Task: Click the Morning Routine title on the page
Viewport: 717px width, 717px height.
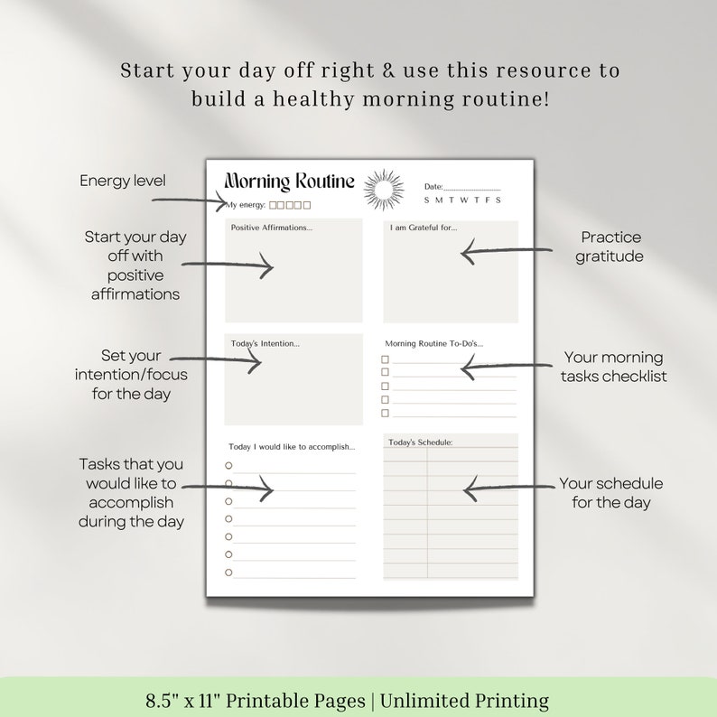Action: [289, 182]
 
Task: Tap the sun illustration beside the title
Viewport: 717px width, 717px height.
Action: [384, 190]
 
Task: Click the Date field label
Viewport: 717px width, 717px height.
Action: [433, 187]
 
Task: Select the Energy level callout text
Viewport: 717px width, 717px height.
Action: [123, 181]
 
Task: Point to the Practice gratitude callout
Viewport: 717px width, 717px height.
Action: [611, 247]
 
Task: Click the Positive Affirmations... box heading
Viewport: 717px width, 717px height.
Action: [272, 228]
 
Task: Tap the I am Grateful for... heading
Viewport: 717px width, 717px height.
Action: [424, 228]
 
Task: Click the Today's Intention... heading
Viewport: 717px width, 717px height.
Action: [265, 343]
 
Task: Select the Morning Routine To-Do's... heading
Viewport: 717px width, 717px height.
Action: [433, 343]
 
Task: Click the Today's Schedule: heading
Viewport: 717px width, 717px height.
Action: [421, 442]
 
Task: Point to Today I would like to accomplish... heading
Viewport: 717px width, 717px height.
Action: [292, 446]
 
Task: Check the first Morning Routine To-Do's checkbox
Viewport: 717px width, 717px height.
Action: [385, 358]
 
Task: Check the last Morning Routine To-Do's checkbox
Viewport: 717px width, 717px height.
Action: [385, 413]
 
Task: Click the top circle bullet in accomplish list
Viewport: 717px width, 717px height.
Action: [228, 465]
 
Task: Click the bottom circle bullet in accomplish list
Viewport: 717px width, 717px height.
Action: [228, 572]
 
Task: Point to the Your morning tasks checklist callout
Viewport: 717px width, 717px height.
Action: [613, 367]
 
